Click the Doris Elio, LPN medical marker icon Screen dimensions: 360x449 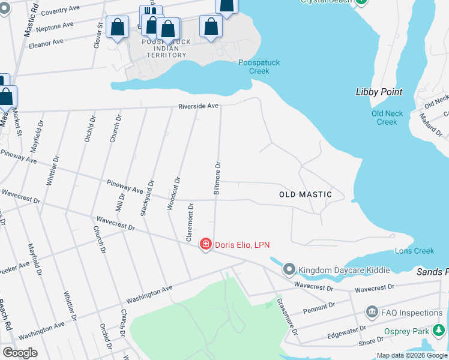coord(206,244)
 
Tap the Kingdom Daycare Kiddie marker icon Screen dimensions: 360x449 coord(290,269)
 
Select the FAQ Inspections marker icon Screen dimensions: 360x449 coord(371,312)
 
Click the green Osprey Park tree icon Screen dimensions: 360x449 coord(439,330)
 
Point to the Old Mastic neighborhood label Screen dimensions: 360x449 coord(306,194)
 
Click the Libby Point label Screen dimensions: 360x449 coord(379,92)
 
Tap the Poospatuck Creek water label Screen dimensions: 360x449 coord(259,67)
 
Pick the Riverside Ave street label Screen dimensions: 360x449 coord(198,106)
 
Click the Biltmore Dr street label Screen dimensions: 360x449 coord(218,177)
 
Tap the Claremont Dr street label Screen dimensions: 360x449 coord(190,223)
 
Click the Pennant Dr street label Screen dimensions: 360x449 coord(319,307)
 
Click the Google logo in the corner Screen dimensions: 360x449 coord(20,353)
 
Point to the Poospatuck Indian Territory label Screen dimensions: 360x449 coord(166,49)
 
